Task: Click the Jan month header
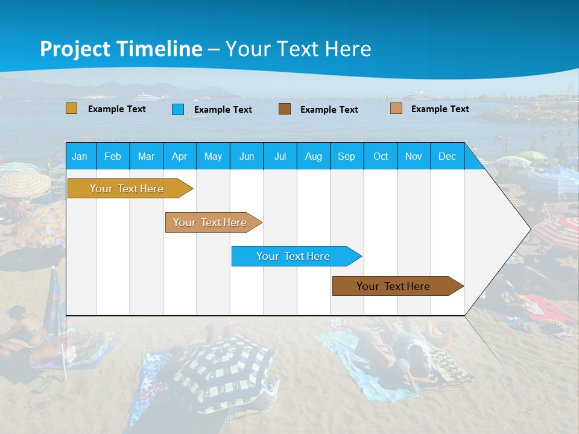[80, 156]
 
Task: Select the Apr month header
[179, 156]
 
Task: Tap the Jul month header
[280, 156]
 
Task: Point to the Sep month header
[346, 156]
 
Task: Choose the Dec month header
[447, 156]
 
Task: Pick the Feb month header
[113, 156]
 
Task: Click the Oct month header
[381, 156]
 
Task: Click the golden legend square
[71, 108]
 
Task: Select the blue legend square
[178, 109]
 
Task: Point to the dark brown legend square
[285, 108]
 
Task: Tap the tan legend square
[396, 108]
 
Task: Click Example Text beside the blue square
[223, 110]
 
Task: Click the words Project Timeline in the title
[121, 49]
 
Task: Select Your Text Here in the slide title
[298, 49]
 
